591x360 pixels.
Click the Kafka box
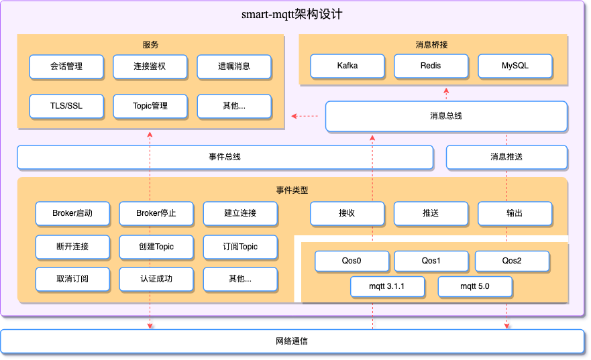tap(347, 66)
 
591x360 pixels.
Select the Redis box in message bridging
tap(431, 66)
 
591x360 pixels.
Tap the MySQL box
tap(515, 66)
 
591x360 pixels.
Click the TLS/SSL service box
tap(66, 106)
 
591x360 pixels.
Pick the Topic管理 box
tap(150, 106)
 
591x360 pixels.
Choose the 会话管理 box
tap(66, 66)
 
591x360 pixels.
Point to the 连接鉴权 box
tap(150, 66)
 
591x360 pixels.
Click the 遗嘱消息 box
tap(234, 66)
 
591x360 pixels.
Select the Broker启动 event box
tap(72, 213)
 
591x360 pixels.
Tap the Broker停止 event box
tap(156, 213)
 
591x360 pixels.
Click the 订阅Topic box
tap(240, 246)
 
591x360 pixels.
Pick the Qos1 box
tap(431, 261)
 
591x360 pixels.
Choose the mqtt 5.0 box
tap(475, 287)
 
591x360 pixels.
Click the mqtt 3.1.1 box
tap(387, 287)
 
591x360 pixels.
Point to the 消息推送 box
tap(506, 157)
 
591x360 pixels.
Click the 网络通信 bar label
tap(292, 341)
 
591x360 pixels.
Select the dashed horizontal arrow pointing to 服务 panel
tap(305, 117)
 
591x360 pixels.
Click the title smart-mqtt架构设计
tap(292, 14)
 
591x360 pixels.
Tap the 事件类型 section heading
tap(292, 190)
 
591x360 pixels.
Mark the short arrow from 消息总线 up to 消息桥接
tap(447, 93)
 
